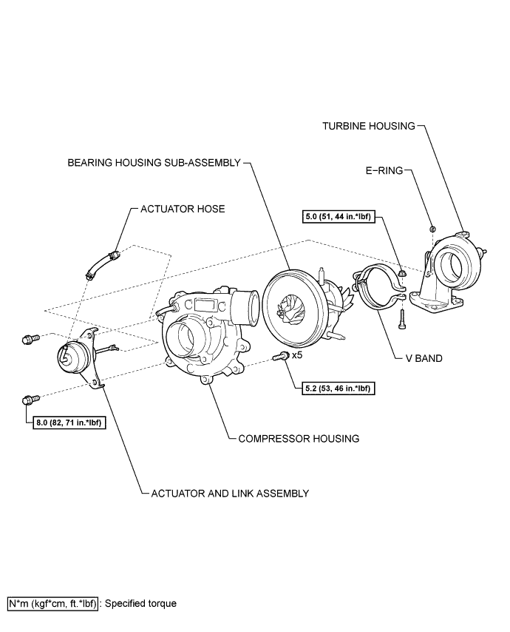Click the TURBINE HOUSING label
click(368, 126)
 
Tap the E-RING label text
click(383, 170)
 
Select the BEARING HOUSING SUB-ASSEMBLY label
click(154, 163)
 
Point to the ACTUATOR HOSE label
click(183, 209)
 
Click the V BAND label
click(425, 358)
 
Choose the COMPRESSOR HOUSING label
click(299, 438)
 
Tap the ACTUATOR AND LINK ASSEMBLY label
click(230, 493)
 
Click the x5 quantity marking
click(297, 355)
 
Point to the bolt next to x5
click(280, 357)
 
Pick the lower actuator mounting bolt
click(28, 400)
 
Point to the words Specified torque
click(141, 603)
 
